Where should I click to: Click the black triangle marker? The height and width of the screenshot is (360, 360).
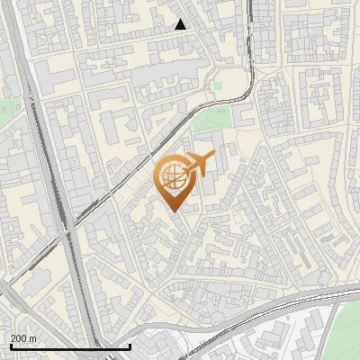181,24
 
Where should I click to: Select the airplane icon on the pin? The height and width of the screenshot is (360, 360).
198,164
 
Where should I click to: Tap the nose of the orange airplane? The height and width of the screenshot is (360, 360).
214,156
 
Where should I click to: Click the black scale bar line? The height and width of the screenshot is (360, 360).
69,346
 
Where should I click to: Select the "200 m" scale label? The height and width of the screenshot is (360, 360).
23,338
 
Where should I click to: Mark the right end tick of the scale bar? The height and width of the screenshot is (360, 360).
130,346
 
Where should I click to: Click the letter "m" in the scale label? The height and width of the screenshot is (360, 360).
32,338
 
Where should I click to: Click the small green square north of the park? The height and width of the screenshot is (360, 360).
218,85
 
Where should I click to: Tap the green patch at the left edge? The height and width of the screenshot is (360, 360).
4,109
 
